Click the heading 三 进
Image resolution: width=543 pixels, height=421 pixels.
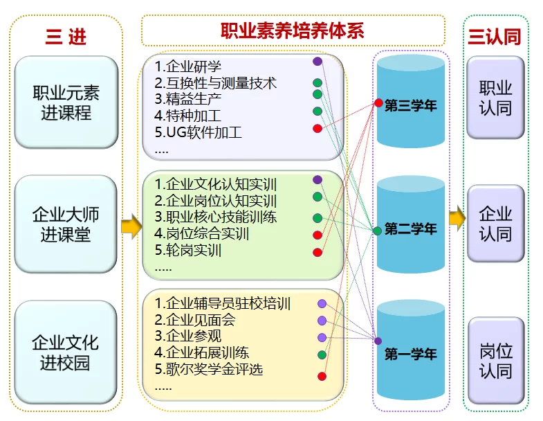coord(66,36)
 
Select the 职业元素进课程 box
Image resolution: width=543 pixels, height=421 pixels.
coord(66,102)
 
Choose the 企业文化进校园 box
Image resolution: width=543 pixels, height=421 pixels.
coord(66,351)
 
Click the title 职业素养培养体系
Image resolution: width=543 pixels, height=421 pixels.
coord(292,31)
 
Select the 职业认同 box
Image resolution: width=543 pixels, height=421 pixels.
coord(495,98)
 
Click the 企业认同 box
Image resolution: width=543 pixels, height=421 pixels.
coord(495,223)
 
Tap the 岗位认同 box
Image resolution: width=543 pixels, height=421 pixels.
coord(495,359)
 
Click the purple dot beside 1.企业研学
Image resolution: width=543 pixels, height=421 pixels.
coord(317,62)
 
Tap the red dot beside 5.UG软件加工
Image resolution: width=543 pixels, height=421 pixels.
coord(317,128)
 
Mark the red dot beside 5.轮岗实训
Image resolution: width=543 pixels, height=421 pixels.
coord(317,252)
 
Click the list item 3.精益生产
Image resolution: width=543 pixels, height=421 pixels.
coord(189,98)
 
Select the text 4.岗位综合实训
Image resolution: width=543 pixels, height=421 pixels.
coord(201,233)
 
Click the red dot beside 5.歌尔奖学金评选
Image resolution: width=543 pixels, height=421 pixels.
coord(322,376)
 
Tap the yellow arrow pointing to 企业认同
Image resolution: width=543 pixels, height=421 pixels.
coord(457,219)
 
